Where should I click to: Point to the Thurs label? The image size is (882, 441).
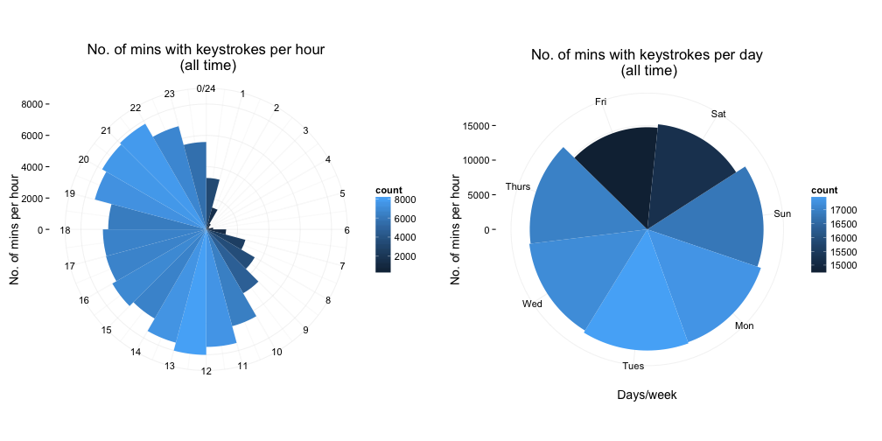(x=518, y=186)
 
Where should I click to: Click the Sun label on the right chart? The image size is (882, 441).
(x=782, y=213)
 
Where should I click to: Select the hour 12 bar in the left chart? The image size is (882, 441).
(x=193, y=306)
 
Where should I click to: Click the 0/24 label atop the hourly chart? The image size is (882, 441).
(x=206, y=88)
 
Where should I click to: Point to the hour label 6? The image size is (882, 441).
(x=347, y=231)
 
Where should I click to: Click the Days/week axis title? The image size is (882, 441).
(x=647, y=395)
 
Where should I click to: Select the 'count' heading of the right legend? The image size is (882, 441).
(x=823, y=190)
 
